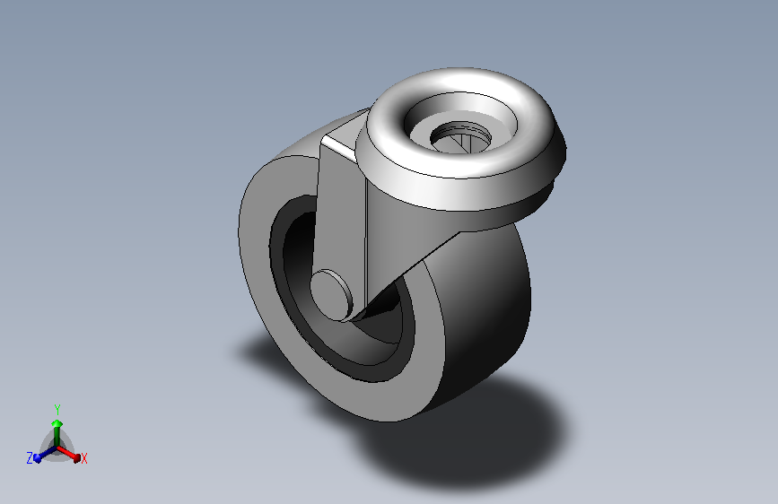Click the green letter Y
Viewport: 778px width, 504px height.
(57, 410)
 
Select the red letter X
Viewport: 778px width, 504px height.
(84, 459)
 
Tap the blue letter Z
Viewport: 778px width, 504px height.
(30, 458)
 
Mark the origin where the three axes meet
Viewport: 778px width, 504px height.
(57, 446)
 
